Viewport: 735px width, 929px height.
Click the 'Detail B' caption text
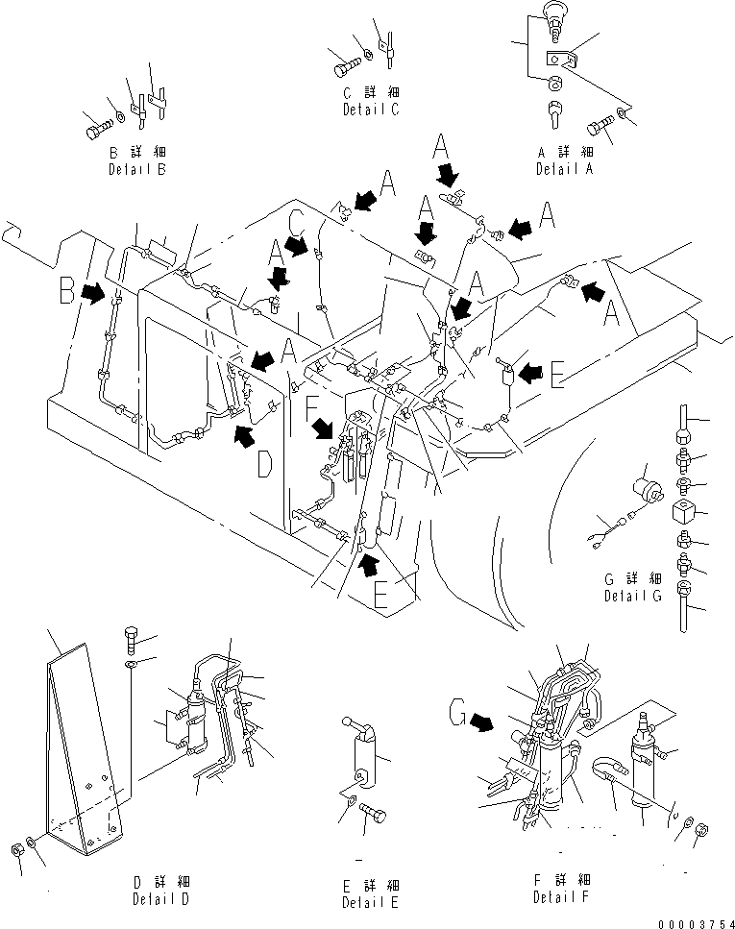(x=136, y=170)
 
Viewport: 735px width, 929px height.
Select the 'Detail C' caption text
(x=371, y=110)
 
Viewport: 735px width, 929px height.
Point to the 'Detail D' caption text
(x=160, y=900)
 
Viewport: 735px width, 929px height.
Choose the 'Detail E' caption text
(x=369, y=903)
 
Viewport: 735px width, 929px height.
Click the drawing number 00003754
(x=696, y=922)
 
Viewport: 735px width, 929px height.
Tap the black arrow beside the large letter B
(x=94, y=292)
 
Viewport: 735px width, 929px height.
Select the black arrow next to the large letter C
(x=302, y=245)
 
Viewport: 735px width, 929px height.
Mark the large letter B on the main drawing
(x=66, y=289)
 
